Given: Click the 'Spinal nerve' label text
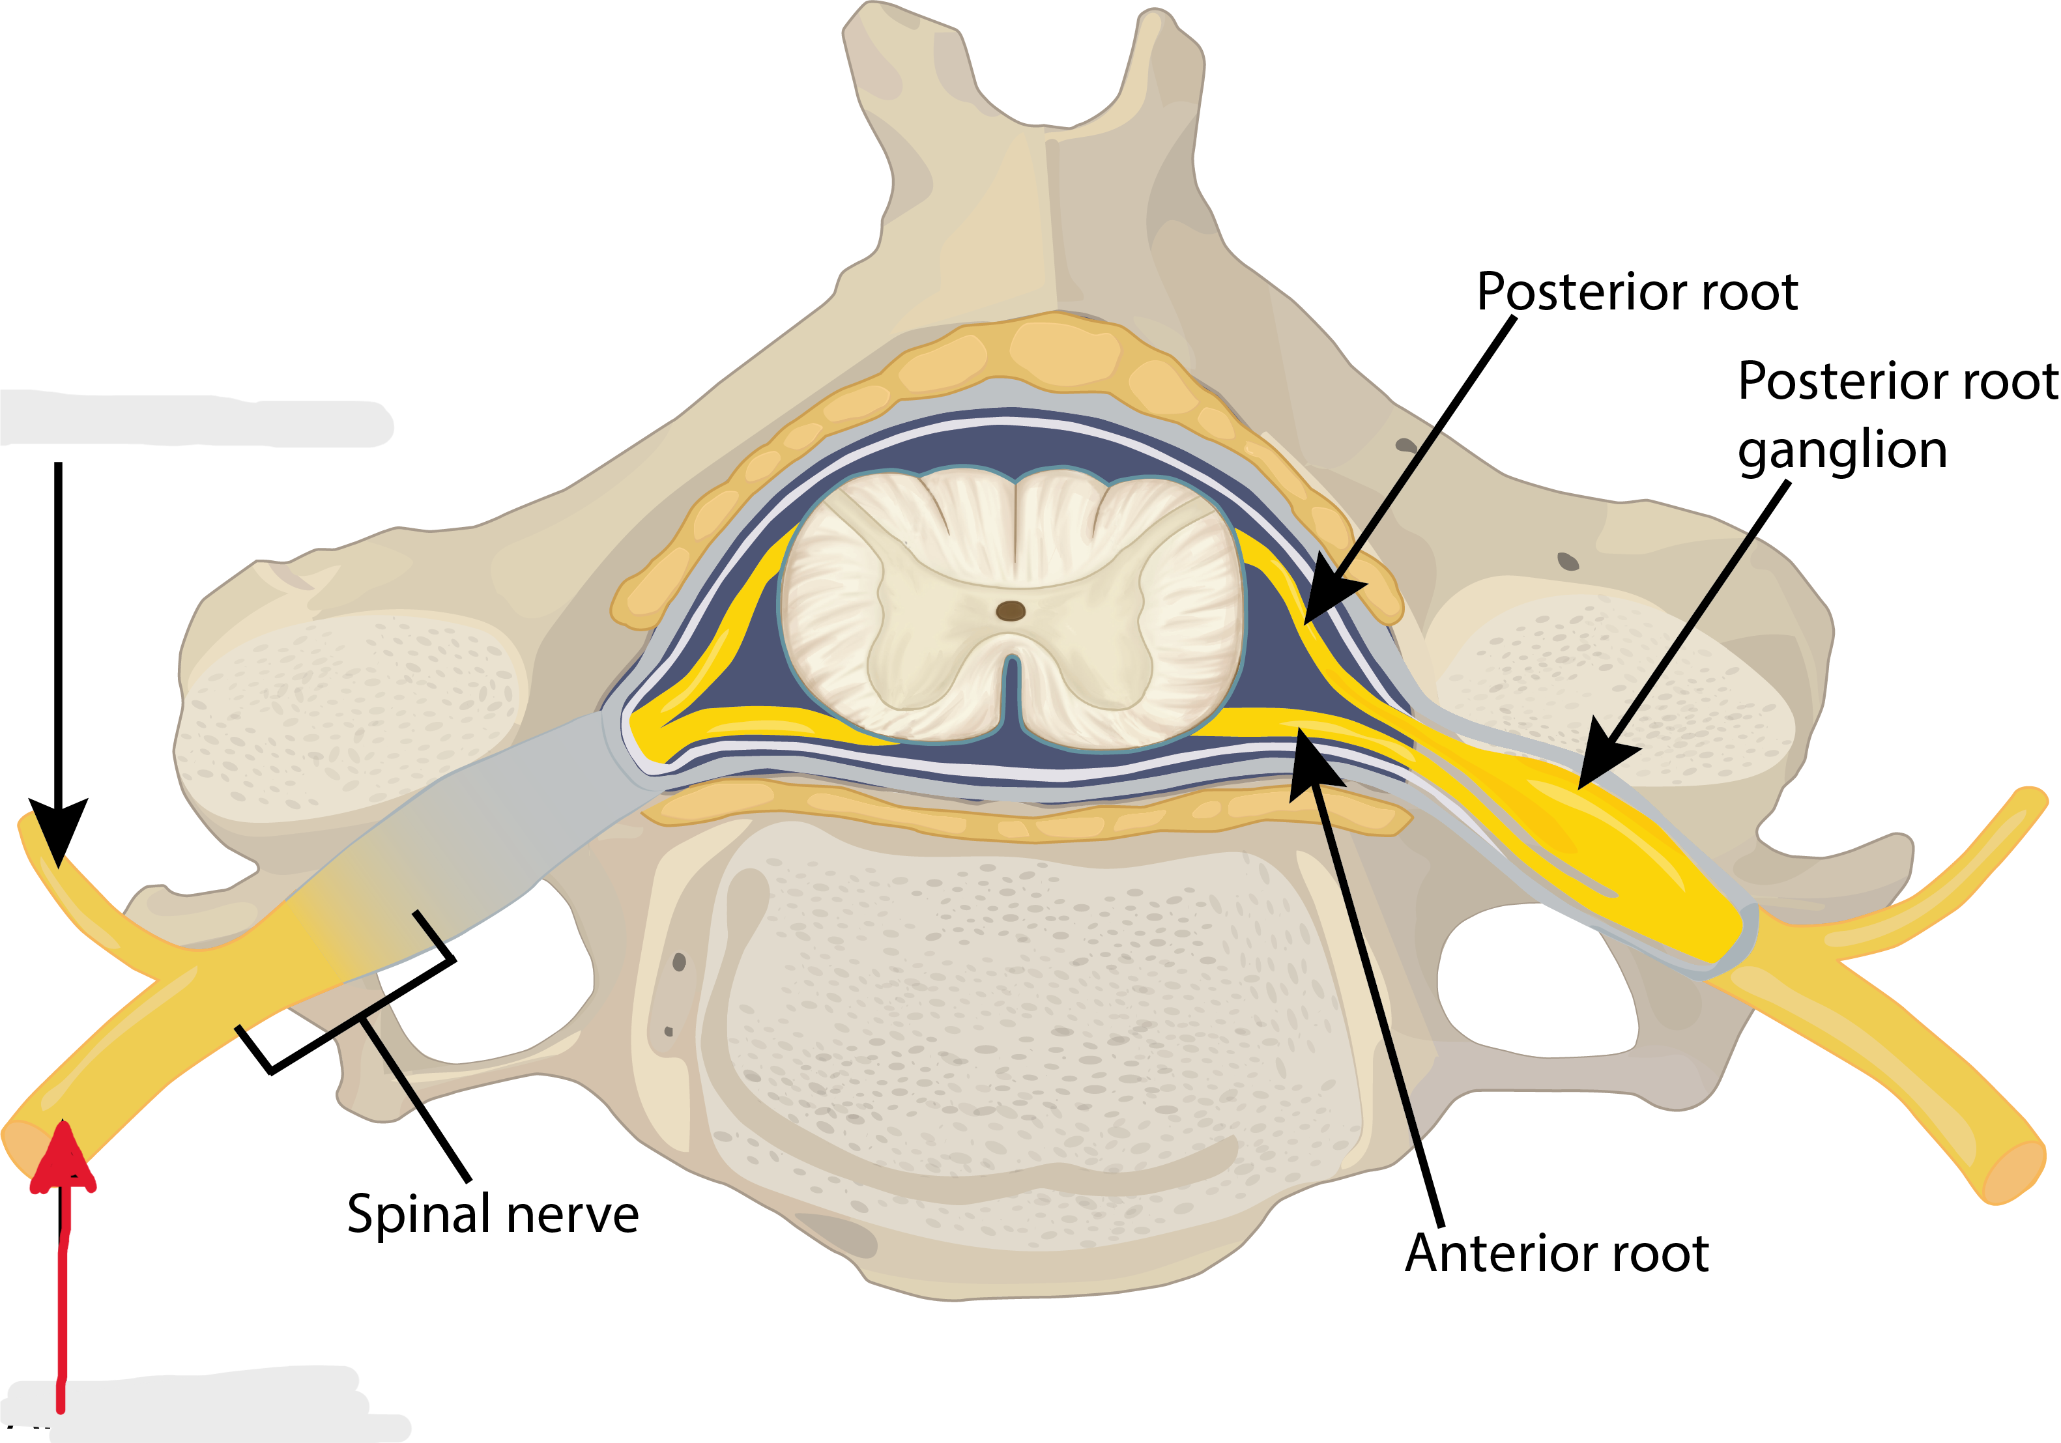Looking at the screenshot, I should point(492,1214).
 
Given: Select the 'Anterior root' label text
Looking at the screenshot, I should point(1557,1253).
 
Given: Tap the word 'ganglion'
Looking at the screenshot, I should point(1842,450).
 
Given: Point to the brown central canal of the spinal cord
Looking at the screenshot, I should point(1011,611).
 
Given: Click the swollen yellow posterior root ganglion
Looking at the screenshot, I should point(1607,835).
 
